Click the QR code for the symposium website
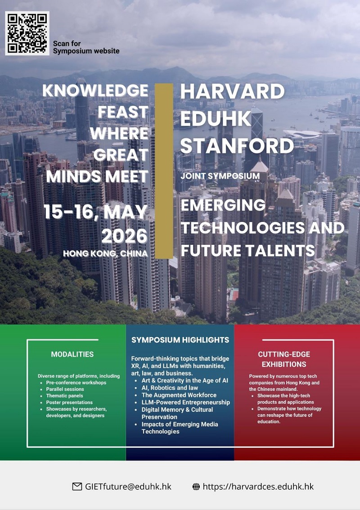27,33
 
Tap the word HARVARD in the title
233,91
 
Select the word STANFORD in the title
237,145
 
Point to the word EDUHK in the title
216,118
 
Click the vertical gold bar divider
164,171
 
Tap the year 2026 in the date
125,236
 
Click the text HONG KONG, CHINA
105,253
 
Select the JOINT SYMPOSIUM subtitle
220,176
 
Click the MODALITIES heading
72,354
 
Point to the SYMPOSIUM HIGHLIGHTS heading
180,340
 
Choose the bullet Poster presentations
69,402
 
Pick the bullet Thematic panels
64,396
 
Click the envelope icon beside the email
77,487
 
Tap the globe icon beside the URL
196,487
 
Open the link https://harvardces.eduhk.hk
258,487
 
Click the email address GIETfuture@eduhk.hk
128,487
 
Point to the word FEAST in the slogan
123,112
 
